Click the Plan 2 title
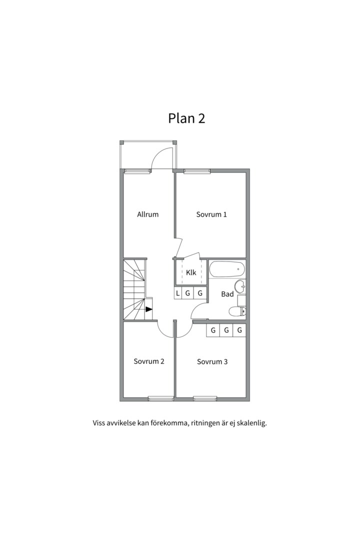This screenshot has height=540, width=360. click(186, 118)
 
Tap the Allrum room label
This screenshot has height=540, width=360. click(148, 214)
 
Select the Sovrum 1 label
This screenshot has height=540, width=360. click(211, 214)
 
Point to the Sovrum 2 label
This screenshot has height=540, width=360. click(149, 361)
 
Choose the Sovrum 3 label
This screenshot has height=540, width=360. click(212, 361)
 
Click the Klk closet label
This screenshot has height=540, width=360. click(191, 272)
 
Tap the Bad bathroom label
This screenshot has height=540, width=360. click(227, 294)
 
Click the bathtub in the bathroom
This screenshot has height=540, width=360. click(227, 269)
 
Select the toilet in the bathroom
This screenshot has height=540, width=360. click(237, 311)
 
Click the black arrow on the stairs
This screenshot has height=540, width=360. click(149, 309)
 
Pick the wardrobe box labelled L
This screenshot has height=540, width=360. click(178, 293)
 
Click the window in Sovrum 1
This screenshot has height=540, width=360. click(197, 171)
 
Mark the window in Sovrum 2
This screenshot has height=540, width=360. click(160, 399)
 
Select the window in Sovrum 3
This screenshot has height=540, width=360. click(205, 399)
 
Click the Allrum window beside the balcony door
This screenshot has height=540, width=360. click(137, 171)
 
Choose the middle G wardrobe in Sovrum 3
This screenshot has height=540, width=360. click(226, 330)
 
